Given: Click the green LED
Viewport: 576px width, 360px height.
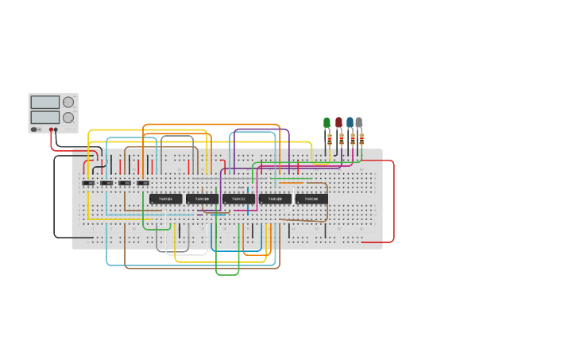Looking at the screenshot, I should click(327, 122).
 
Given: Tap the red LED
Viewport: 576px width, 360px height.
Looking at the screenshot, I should click(338, 122).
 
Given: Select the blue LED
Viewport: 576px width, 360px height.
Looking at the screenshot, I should click(350, 122).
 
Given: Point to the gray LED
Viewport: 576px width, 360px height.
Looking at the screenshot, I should click(359, 122).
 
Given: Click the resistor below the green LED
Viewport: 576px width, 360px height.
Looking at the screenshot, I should click(330, 139).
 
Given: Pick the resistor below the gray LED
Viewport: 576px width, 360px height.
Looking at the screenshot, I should click(361, 139).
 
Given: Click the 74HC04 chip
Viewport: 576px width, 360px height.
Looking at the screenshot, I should click(166, 199).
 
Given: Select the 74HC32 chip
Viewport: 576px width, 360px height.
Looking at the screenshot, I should click(238, 199).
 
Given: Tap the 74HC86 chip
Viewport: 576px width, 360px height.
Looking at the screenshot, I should click(311, 199).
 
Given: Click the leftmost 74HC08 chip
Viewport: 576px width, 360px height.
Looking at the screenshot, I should click(203, 199).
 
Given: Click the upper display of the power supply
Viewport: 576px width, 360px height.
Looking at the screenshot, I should click(44, 102).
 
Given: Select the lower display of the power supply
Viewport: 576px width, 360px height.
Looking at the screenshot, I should click(44, 117).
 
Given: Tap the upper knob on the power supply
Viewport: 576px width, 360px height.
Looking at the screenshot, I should click(68, 102).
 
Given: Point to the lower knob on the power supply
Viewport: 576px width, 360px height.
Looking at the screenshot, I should click(68, 118).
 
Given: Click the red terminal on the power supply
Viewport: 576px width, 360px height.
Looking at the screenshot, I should click(51, 130).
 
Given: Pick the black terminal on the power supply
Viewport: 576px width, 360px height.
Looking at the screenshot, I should click(56, 130).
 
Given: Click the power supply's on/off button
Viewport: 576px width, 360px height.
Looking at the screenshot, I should click(34, 129).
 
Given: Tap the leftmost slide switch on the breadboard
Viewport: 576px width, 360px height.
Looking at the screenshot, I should click(88, 184).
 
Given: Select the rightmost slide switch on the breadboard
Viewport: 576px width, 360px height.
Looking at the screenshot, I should click(143, 184).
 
